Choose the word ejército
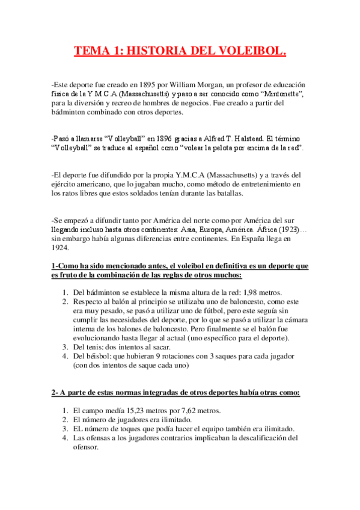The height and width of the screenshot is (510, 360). (x=67, y=183)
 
